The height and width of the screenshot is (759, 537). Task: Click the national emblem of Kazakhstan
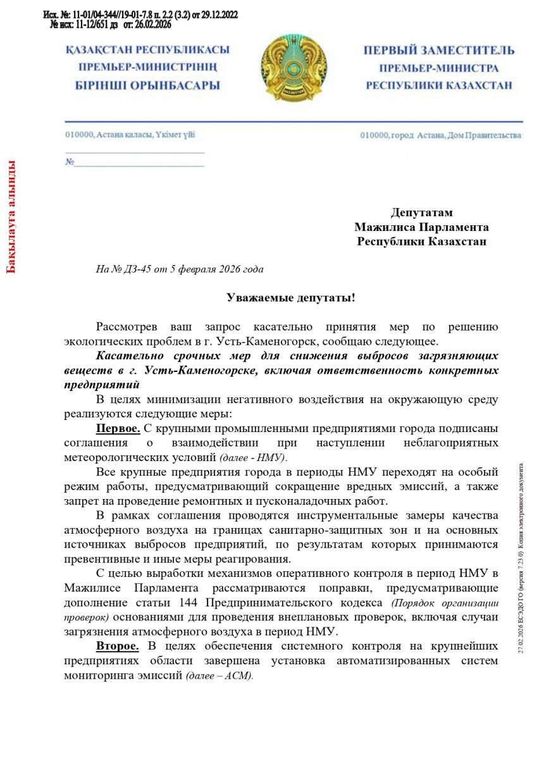tap(292, 68)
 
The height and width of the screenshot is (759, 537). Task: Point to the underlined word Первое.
tap(118, 429)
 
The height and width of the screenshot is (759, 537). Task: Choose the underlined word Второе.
tap(118, 646)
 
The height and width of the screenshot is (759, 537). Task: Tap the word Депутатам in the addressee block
tap(421, 213)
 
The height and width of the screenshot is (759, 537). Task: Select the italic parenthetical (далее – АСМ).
tap(219, 675)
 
